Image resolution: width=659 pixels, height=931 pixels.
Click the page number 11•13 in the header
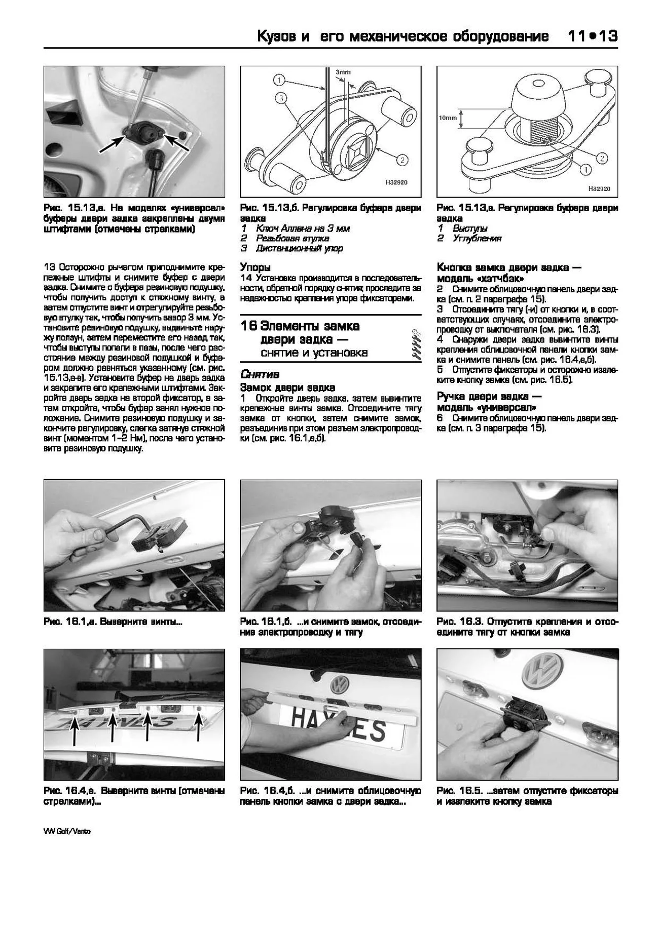591,36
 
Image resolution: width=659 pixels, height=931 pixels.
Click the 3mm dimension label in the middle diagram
343,72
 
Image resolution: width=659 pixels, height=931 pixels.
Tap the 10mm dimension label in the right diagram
448,118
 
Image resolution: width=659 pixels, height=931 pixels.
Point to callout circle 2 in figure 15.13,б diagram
401,161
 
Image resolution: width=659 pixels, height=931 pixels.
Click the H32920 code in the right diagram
599,188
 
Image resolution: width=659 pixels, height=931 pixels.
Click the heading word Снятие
260,375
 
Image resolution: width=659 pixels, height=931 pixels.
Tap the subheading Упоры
255,267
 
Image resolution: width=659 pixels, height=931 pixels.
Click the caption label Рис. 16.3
458,622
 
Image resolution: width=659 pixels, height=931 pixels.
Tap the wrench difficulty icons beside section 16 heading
417,344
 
